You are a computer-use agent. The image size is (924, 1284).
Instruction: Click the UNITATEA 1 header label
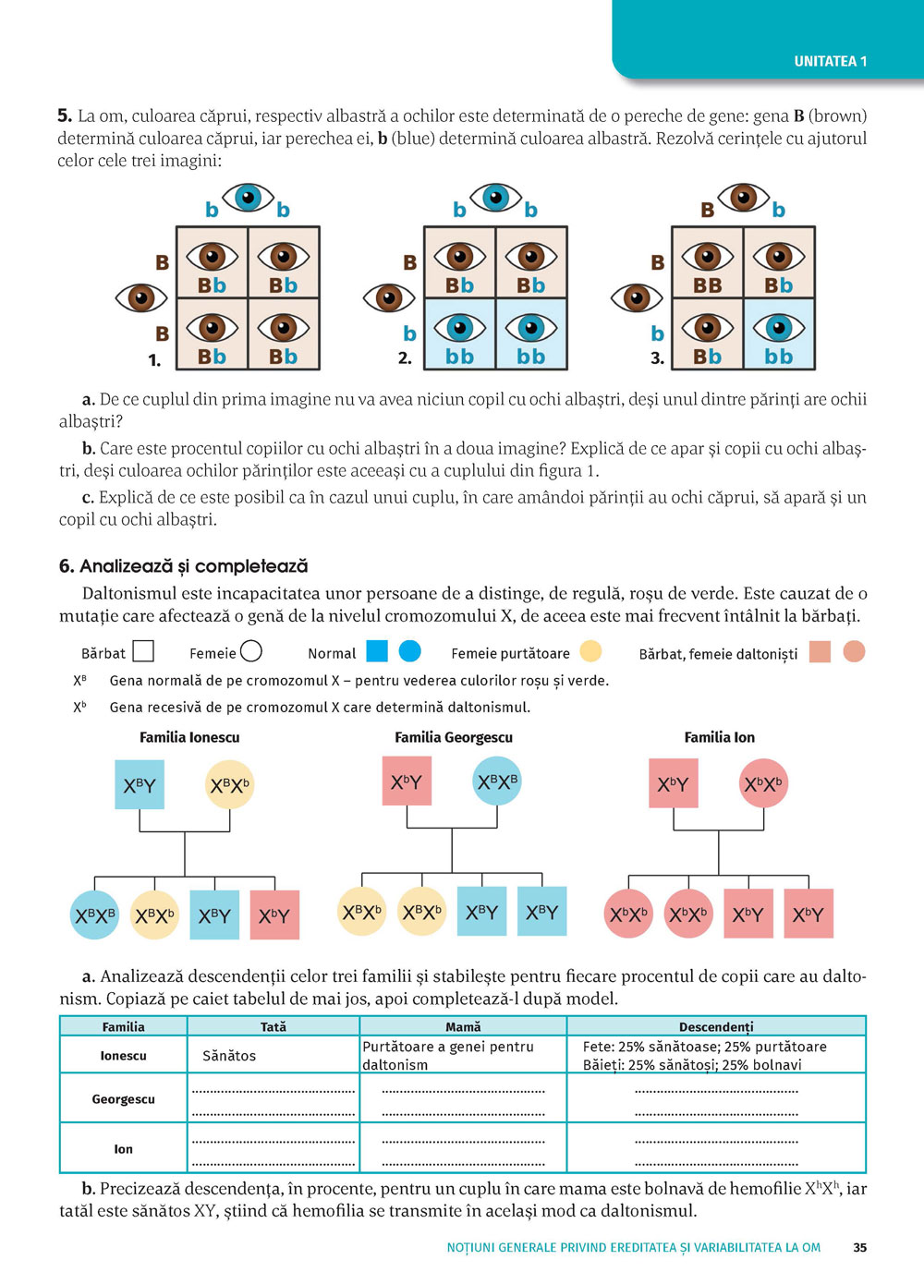point(830,61)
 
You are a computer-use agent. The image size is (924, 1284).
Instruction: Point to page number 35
point(860,1247)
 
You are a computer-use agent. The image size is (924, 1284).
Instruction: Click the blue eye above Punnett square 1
point(248,197)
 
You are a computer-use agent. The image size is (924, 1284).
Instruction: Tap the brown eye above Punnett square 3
point(744,197)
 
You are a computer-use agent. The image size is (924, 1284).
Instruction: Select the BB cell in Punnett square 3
point(708,262)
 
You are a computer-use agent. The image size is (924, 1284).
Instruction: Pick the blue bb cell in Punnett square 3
point(779,333)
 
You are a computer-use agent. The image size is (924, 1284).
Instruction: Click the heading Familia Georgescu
point(454,737)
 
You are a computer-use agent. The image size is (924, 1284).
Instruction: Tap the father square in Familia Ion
point(673,783)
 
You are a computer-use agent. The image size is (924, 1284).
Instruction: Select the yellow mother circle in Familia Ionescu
point(229,785)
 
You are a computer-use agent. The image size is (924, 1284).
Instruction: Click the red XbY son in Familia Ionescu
point(274,915)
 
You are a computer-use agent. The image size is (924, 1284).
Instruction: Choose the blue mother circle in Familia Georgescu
point(497,781)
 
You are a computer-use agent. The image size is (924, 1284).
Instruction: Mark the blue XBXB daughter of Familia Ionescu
point(94,915)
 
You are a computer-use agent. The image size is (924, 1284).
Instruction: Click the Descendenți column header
point(716,1026)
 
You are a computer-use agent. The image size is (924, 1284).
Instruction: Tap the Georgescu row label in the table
point(123,1099)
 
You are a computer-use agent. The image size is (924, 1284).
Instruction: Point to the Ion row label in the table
point(123,1149)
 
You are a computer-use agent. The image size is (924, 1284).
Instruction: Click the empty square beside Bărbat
point(143,652)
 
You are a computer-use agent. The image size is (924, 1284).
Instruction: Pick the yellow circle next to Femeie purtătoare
point(590,651)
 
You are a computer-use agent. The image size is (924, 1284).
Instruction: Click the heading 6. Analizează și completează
point(184,566)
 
